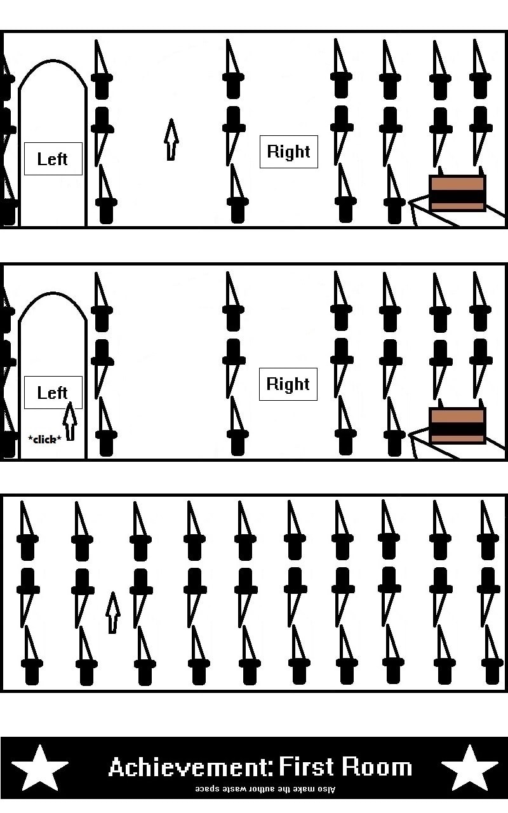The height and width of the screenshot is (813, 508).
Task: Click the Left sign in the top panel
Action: (53, 159)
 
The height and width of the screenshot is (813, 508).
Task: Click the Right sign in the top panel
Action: (288, 152)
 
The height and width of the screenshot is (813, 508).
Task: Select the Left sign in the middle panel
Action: (53, 393)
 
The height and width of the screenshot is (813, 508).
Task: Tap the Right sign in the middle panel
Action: (288, 384)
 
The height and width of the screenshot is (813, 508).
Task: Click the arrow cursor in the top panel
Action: (170, 139)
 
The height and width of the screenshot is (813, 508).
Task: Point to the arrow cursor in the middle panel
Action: (70, 421)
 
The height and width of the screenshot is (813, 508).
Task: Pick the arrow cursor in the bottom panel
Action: (112, 612)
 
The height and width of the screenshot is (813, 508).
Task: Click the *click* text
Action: (45, 439)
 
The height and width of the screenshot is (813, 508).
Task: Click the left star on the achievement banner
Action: (40, 767)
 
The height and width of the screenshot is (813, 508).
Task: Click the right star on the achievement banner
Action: (469, 767)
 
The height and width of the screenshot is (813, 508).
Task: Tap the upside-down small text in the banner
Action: (265, 789)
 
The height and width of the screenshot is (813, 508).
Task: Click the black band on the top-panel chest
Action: (457, 198)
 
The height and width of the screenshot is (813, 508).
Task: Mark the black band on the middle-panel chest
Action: (457, 430)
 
